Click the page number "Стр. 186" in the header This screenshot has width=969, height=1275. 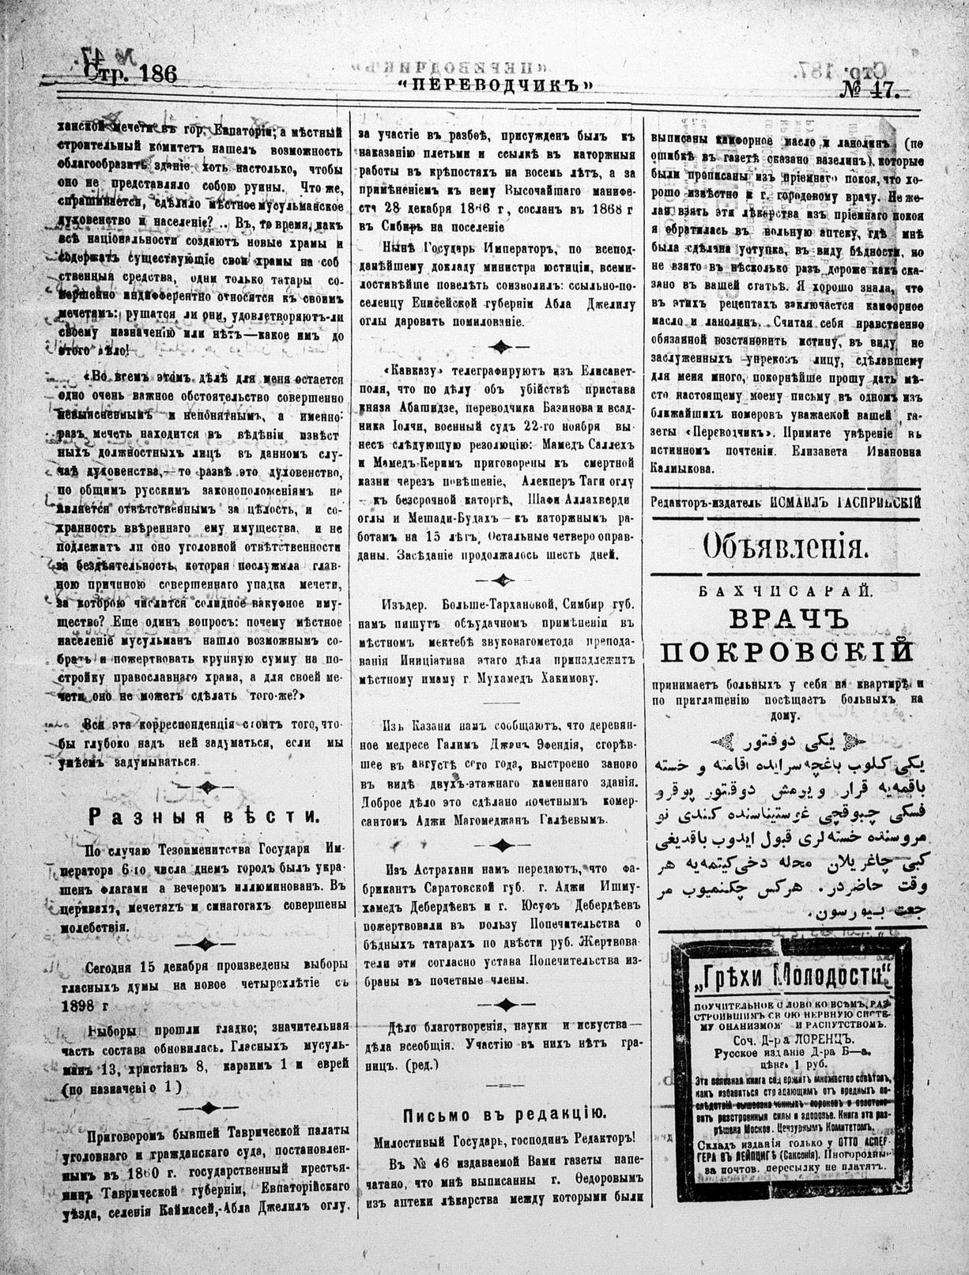130,75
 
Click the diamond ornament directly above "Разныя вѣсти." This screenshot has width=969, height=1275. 204,787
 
